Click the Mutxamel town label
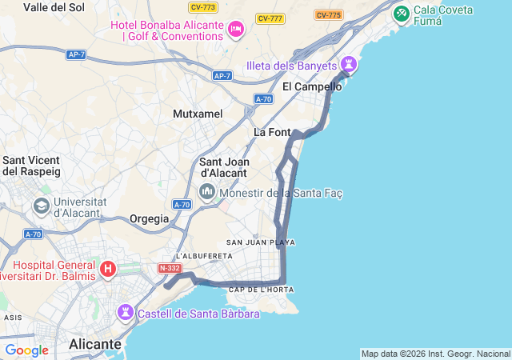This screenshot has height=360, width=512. (198, 114)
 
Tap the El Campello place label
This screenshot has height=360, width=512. (312, 86)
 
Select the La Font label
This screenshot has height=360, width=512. (272, 132)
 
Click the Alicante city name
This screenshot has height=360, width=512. (95, 344)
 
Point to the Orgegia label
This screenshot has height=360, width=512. (150, 218)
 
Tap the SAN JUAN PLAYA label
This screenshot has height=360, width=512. (261, 242)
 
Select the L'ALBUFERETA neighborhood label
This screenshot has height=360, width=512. (204, 256)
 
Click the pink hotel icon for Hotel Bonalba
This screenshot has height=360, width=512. (235, 30)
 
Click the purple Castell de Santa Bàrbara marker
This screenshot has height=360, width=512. (126, 311)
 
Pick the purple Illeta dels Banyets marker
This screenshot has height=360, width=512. (349, 63)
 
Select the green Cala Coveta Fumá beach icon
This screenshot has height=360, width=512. (402, 14)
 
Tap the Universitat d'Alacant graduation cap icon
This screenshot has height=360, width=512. (40, 206)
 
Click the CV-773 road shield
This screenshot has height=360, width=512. (203, 7)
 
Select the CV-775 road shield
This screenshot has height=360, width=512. (328, 14)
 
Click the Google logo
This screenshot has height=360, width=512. (26, 350)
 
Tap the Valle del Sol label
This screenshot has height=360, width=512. (54, 7)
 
